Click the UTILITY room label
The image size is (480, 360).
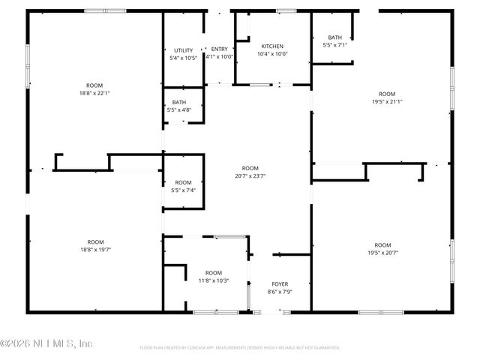pos(184,50)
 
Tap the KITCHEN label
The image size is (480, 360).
pos(272,46)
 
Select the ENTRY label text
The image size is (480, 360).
pos(219,49)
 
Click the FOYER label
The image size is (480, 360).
pos(279,284)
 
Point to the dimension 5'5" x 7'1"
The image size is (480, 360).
pos(334,45)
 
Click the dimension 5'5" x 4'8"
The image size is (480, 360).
pos(179,110)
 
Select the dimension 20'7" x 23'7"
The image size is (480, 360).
pos(250,176)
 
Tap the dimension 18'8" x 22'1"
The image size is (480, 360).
pos(94,93)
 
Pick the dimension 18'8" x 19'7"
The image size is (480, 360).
pos(95,250)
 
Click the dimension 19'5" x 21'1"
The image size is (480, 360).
pos(387,102)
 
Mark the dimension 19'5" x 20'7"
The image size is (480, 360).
pos(382,253)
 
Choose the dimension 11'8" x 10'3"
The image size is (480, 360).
pos(214,280)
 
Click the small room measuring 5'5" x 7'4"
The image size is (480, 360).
pos(184,186)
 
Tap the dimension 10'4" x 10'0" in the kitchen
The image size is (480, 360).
pos(272,54)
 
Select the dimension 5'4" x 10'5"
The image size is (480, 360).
pos(184,58)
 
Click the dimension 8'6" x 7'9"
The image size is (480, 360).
pos(279,292)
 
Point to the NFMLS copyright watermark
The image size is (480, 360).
pos(46,343)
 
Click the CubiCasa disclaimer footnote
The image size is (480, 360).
pos(240,348)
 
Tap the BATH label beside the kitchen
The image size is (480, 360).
pos(334,37)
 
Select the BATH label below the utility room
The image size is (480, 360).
pos(179,103)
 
